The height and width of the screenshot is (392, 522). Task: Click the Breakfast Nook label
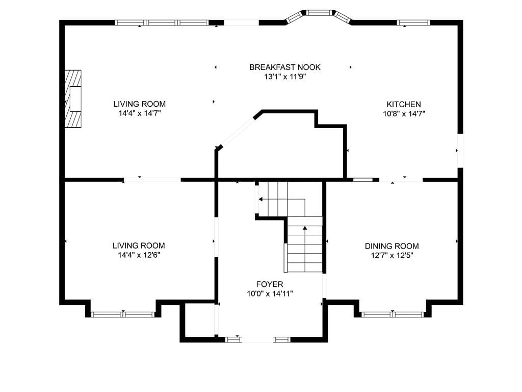pos(284,67)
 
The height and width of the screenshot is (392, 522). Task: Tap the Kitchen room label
pos(404,104)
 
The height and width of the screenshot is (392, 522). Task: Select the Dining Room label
pos(392,246)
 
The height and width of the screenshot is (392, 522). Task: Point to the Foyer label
pos(270,284)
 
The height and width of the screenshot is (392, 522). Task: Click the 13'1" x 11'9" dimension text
pos(285,77)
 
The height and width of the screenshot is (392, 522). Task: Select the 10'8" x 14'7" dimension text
pos(404,114)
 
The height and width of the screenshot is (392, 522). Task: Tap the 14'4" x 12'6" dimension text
pos(139,255)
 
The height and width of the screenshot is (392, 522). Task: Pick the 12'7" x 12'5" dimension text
pos(392,256)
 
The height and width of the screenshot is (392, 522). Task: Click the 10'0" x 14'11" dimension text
pos(270,293)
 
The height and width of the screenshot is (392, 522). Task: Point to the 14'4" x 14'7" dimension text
pos(140,113)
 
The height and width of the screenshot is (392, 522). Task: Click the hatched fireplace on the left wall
pos(73,99)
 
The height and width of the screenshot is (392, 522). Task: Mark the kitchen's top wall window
pos(413,22)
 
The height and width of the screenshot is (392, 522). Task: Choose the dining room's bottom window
pos(393,314)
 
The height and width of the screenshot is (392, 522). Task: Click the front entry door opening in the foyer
pos(257,339)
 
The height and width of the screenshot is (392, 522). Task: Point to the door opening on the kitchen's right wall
pos(460,151)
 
